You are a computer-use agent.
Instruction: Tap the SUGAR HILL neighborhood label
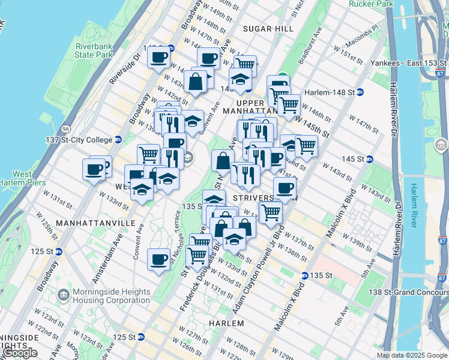(x=268, y=28)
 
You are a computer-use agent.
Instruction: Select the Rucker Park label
(x=371, y=4)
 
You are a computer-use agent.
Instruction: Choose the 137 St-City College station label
(x=87, y=140)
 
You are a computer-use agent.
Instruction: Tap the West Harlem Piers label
(x=22, y=178)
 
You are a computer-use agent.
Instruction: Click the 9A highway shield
(x=65, y=128)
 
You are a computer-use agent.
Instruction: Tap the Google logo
(x=20, y=353)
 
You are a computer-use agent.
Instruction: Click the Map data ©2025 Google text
(x=412, y=355)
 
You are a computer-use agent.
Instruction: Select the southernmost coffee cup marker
(x=158, y=260)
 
